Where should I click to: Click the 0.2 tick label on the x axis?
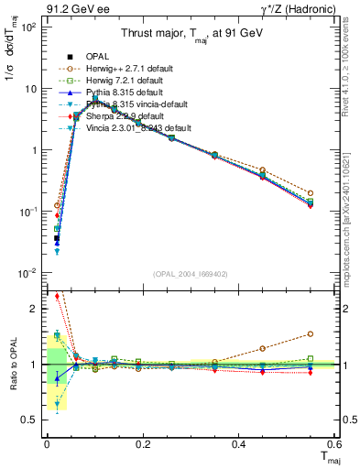click(x=142, y=444)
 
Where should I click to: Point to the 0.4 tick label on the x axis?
click(x=238, y=444)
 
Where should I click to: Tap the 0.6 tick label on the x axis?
click(x=333, y=444)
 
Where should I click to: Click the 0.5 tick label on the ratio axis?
click(x=29, y=420)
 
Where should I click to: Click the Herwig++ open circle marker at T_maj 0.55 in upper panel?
click(x=311, y=193)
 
